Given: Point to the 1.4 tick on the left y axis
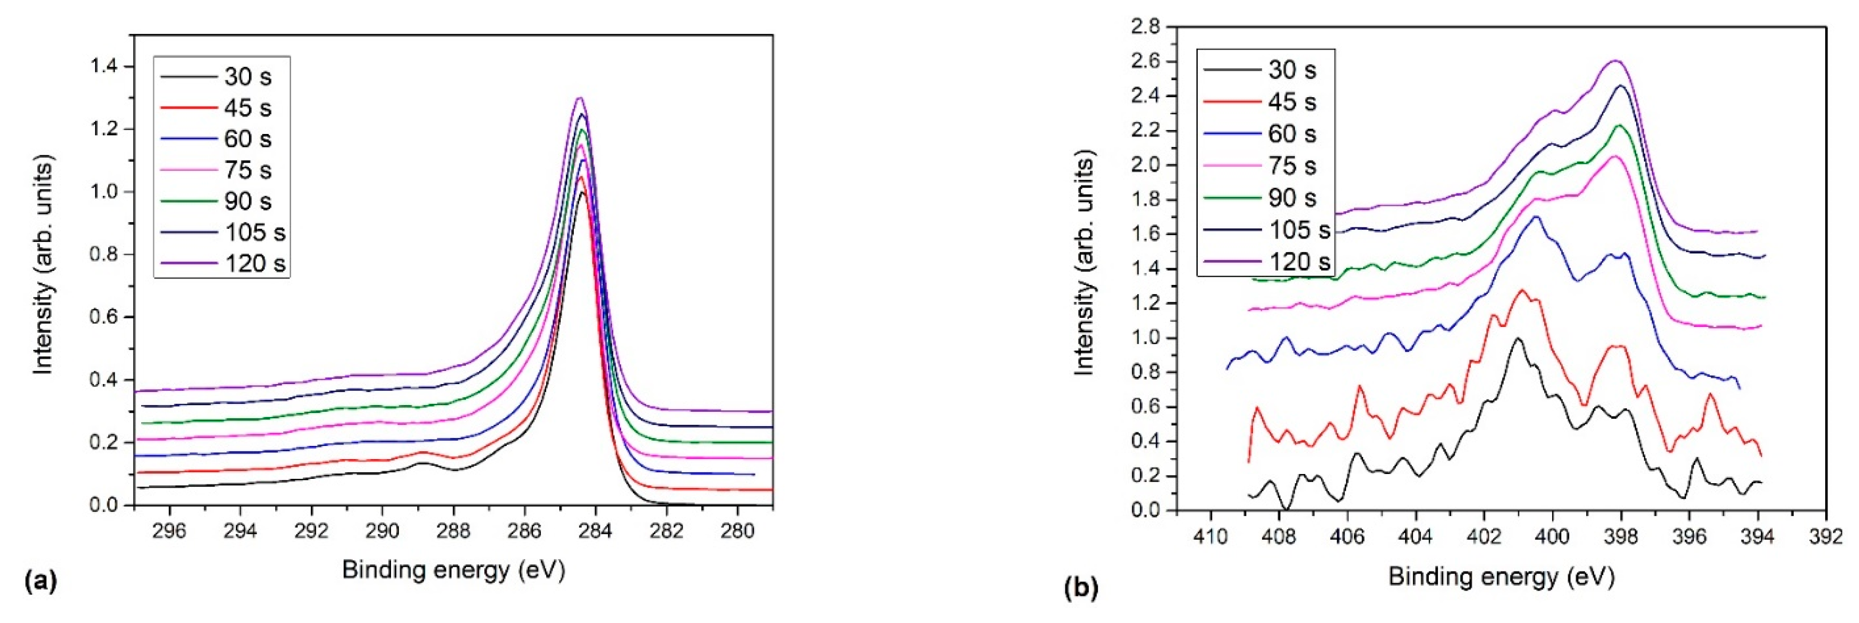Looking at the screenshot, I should point(106,66).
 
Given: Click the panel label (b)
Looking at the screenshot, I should point(1081,588).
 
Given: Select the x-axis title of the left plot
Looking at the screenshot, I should point(453,570).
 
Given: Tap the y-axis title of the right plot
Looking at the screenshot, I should point(1084,264).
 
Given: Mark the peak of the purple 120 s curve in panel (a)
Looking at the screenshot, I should point(579,98).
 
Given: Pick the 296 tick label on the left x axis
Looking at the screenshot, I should point(170,531).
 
